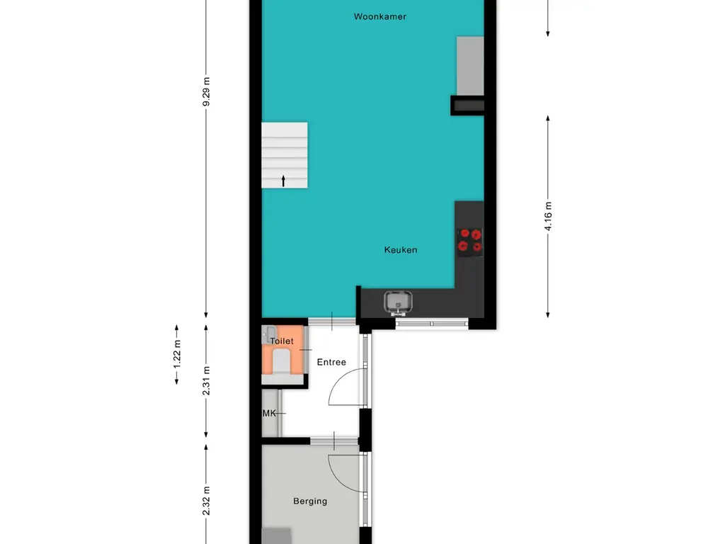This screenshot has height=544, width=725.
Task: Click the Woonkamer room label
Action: tap(380, 17)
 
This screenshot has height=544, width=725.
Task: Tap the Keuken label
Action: tap(401, 250)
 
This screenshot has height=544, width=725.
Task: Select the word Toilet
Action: tap(282, 341)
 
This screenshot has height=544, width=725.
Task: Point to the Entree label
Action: tap(331, 362)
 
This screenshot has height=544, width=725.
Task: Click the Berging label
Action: tap(310, 501)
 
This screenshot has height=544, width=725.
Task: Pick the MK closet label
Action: tap(269, 413)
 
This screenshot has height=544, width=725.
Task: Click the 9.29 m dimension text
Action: tap(206, 91)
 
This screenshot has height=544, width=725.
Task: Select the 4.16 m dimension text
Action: tap(549, 216)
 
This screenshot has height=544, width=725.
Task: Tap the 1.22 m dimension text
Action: tap(177, 355)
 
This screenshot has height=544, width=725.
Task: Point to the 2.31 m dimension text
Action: tap(207, 380)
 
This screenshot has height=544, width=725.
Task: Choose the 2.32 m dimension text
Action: tap(207, 501)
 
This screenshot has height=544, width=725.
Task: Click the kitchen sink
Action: tap(398, 302)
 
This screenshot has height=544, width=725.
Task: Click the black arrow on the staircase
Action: tap(283, 181)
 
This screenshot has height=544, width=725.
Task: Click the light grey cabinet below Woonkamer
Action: tap(470, 66)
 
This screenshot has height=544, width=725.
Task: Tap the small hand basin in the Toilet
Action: tap(269, 334)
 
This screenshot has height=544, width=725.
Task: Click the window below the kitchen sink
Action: tap(432, 323)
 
